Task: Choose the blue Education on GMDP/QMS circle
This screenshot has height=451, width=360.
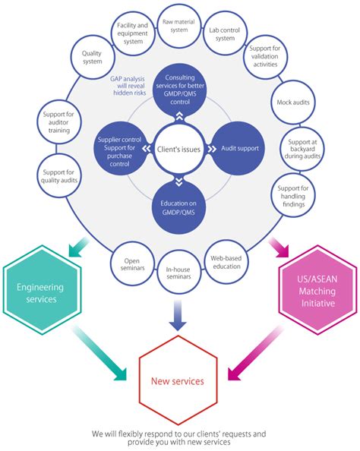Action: point(179,208)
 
